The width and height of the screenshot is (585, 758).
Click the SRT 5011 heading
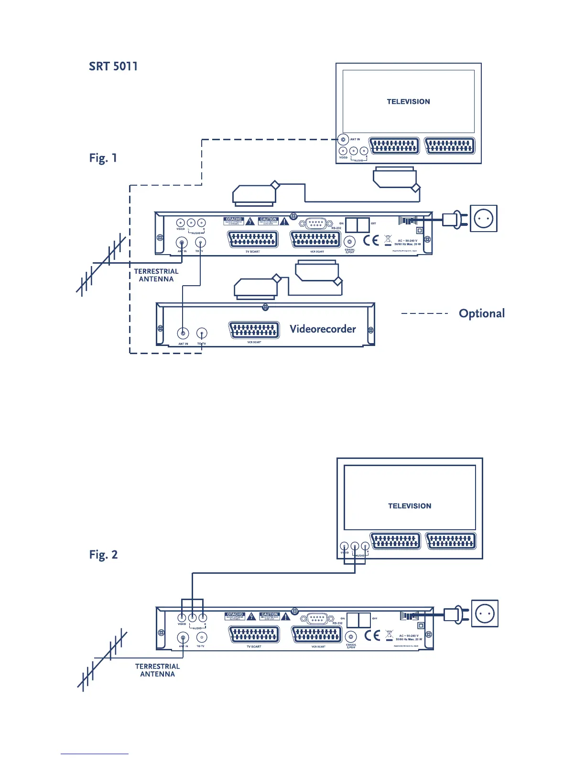pyautogui.click(x=113, y=67)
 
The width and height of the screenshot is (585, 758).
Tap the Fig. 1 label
pyautogui.click(x=103, y=158)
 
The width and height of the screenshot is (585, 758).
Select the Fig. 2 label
pyautogui.click(x=103, y=555)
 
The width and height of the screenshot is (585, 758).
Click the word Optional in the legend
pyautogui.click(x=481, y=313)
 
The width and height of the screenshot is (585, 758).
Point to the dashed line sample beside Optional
pyautogui.click(x=424, y=313)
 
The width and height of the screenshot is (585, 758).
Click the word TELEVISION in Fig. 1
pyautogui.click(x=408, y=101)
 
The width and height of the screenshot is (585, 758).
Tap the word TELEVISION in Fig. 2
pyautogui.click(x=410, y=506)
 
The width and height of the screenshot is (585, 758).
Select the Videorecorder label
pyautogui.click(x=323, y=329)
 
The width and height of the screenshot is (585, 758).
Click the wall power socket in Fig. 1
pyautogui.click(x=484, y=218)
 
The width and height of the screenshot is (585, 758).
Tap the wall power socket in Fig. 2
pyautogui.click(x=485, y=613)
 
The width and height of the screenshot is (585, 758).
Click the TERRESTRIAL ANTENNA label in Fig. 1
pyautogui.click(x=156, y=275)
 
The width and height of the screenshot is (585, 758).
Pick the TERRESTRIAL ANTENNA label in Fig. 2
pyautogui.click(x=157, y=670)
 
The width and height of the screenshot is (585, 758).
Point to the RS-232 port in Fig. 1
pyautogui.click(x=313, y=223)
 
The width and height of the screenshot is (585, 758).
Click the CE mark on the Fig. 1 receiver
pyautogui.click(x=371, y=240)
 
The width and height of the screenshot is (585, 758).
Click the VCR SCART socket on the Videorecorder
pyautogui.click(x=254, y=330)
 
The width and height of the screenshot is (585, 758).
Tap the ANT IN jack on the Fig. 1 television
pyautogui.click(x=343, y=140)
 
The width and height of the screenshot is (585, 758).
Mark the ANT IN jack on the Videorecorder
pyautogui.click(x=183, y=333)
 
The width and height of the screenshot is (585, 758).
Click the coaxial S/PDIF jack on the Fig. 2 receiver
pyautogui.click(x=351, y=637)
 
